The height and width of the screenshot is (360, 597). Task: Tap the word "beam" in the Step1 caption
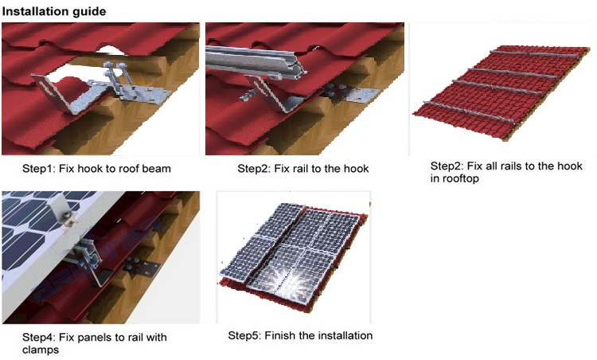(157, 169)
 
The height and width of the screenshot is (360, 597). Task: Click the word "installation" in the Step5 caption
(345, 335)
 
